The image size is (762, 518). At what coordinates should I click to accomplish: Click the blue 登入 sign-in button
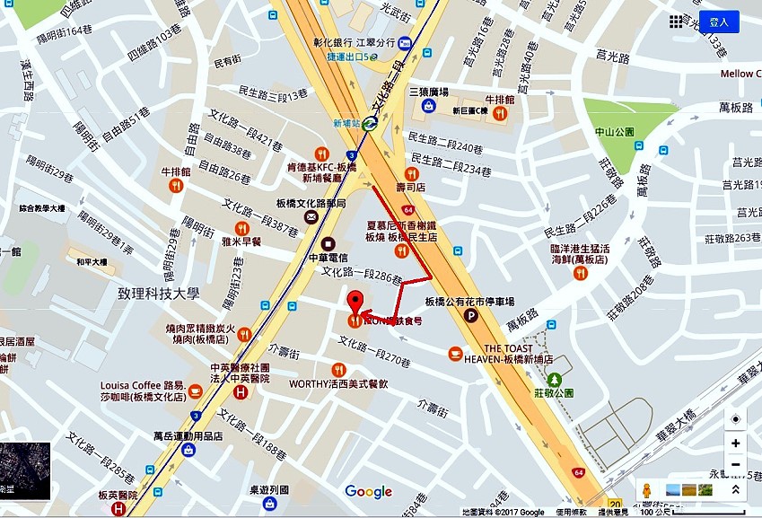tap(720, 22)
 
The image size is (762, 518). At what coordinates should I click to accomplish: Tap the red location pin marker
tap(355, 303)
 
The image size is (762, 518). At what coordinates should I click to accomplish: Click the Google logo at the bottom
tap(369, 491)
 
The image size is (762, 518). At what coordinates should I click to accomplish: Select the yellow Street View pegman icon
tap(644, 490)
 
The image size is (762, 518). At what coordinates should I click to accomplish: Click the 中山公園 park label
tap(615, 132)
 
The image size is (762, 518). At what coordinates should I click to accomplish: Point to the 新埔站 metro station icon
tap(370, 125)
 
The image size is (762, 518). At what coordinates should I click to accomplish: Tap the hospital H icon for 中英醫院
tap(241, 393)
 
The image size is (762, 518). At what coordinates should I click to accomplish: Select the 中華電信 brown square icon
tap(328, 242)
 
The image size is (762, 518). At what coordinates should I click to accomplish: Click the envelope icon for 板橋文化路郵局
tap(311, 216)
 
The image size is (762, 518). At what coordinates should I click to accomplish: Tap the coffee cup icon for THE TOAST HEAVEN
tap(456, 355)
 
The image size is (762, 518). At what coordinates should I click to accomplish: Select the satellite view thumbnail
tap(25, 471)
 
